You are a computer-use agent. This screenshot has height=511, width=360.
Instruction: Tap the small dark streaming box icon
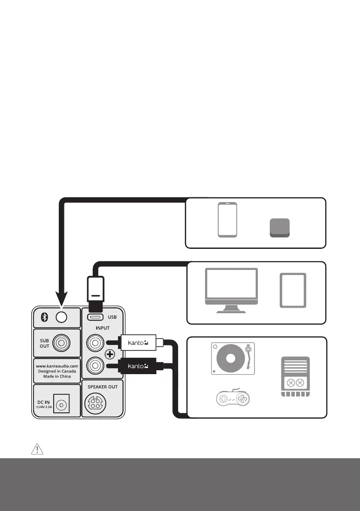pos(280,228)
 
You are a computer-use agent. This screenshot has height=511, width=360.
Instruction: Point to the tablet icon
pos(293,290)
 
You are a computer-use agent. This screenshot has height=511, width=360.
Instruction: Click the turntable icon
pos(233,359)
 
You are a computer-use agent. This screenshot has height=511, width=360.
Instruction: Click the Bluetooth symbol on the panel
pos(43,317)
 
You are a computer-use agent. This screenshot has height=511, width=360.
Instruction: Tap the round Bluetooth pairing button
pos(62,317)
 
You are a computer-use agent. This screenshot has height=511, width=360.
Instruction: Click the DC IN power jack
pos(61,405)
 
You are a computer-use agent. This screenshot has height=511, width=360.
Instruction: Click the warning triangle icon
pos(38,449)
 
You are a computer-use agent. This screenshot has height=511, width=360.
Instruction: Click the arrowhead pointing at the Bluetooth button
pos(62,299)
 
